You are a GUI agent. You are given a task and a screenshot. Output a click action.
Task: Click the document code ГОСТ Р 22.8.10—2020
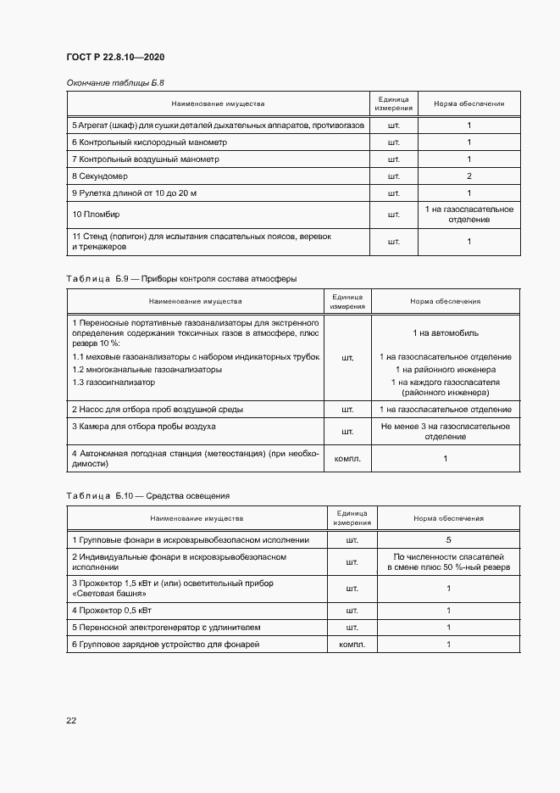click(115, 57)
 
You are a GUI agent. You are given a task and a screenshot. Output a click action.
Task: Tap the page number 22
click(71, 720)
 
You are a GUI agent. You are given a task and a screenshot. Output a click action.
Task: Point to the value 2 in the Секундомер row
click(469, 176)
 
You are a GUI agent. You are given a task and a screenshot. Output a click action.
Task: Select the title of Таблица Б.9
click(181, 278)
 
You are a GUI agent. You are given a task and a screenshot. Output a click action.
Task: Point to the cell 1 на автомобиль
click(445, 333)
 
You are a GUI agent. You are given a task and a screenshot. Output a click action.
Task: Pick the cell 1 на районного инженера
click(446, 370)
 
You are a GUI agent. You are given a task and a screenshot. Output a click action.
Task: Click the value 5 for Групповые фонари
click(448, 539)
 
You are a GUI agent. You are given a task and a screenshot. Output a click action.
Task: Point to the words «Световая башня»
click(106, 593)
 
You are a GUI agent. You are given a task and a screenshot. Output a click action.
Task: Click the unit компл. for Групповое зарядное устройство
click(352, 645)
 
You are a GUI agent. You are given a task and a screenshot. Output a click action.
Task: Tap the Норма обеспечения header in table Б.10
click(448, 517)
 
